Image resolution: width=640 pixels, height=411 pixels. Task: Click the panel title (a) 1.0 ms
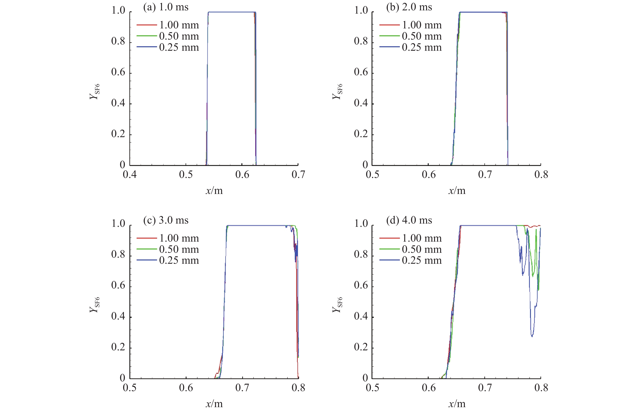pyautogui.click(x=166, y=7)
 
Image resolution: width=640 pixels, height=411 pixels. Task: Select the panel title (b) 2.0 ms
pyautogui.click(x=409, y=7)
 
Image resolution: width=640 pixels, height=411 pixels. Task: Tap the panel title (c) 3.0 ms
pyautogui.click(x=166, y=221)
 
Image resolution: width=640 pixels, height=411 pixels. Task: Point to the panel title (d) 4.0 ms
pyautogui.click(x=409, y=221)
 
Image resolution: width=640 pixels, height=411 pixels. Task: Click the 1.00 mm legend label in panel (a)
pyautogui.click(x=179, y=25)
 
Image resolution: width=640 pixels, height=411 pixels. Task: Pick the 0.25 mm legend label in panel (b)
pyautogui.click(x=422, y=47)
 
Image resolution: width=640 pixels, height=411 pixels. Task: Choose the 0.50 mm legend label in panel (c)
pyautogui.click(x=179, y=250)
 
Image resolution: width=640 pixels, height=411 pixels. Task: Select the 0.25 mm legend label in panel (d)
pyautogui.click(x=422, y=260)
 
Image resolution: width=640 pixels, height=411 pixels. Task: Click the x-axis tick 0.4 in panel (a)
pyautogui.click(x=130, y=174)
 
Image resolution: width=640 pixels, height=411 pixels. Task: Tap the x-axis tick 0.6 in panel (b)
pyautogui.click(x=429, y=174)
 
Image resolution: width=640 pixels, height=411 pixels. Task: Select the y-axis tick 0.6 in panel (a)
pyautogui.click(x=118, y=72)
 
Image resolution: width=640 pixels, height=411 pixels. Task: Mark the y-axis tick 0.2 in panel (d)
pyautogui.click(x=361, y=347)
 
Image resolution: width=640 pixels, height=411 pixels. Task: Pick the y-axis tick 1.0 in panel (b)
pyautogui.click(x=361, y=11)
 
